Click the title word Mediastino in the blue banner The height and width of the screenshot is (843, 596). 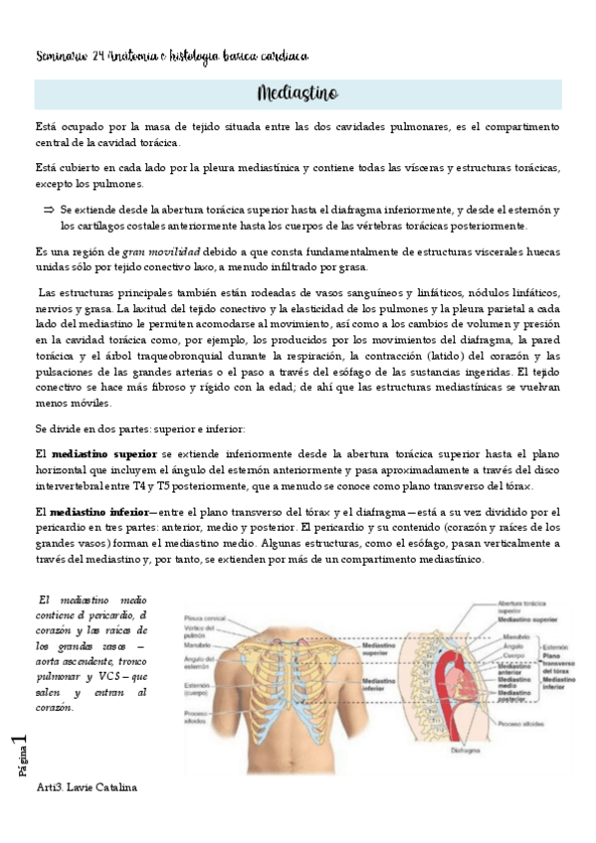pyautogui.click(x=298, y=94)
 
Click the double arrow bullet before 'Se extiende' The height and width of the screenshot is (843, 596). pyautogui.click(x=47, y=211)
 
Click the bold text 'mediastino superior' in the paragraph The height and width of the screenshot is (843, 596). pyautogui.click(x=100, y=452)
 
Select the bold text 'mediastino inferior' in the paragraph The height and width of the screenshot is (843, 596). pyautogui.click(x=98, y=511)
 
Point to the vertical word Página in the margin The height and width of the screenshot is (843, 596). pyautogui.click(x=22, y=771)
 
